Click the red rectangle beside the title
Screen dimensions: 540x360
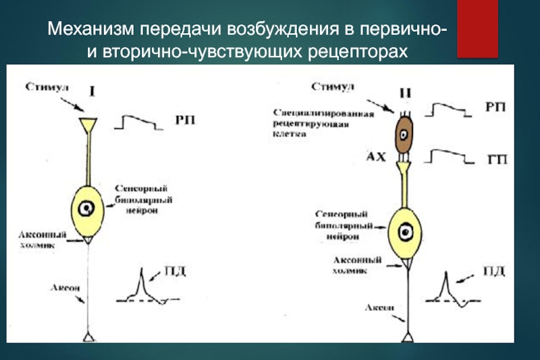pos(477,29)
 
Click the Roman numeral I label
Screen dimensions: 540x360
pos(92,92)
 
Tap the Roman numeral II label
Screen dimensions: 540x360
pos(406,93)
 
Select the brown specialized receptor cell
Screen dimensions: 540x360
pos(404,134)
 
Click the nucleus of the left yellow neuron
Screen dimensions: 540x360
pos(86,209)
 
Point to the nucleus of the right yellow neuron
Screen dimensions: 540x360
pos(406,232)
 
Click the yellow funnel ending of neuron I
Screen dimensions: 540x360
pos(88,126)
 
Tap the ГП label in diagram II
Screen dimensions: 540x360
pos(497,160)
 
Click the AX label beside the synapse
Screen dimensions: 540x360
pos(376,157)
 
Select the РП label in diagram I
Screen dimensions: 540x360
pos(185,120)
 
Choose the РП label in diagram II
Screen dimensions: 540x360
pos(495,107)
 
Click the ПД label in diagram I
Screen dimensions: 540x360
pos(175,271)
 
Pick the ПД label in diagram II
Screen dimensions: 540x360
pos(494,271)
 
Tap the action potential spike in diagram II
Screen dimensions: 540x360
pos(446,285)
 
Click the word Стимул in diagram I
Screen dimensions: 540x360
pos(47,86)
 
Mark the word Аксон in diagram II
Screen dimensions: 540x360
pos(379,307)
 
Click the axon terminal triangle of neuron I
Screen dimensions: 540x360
pos(89,337)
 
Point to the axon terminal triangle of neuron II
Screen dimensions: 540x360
pos(408,337)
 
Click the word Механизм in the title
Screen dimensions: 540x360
pos(90,29)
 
